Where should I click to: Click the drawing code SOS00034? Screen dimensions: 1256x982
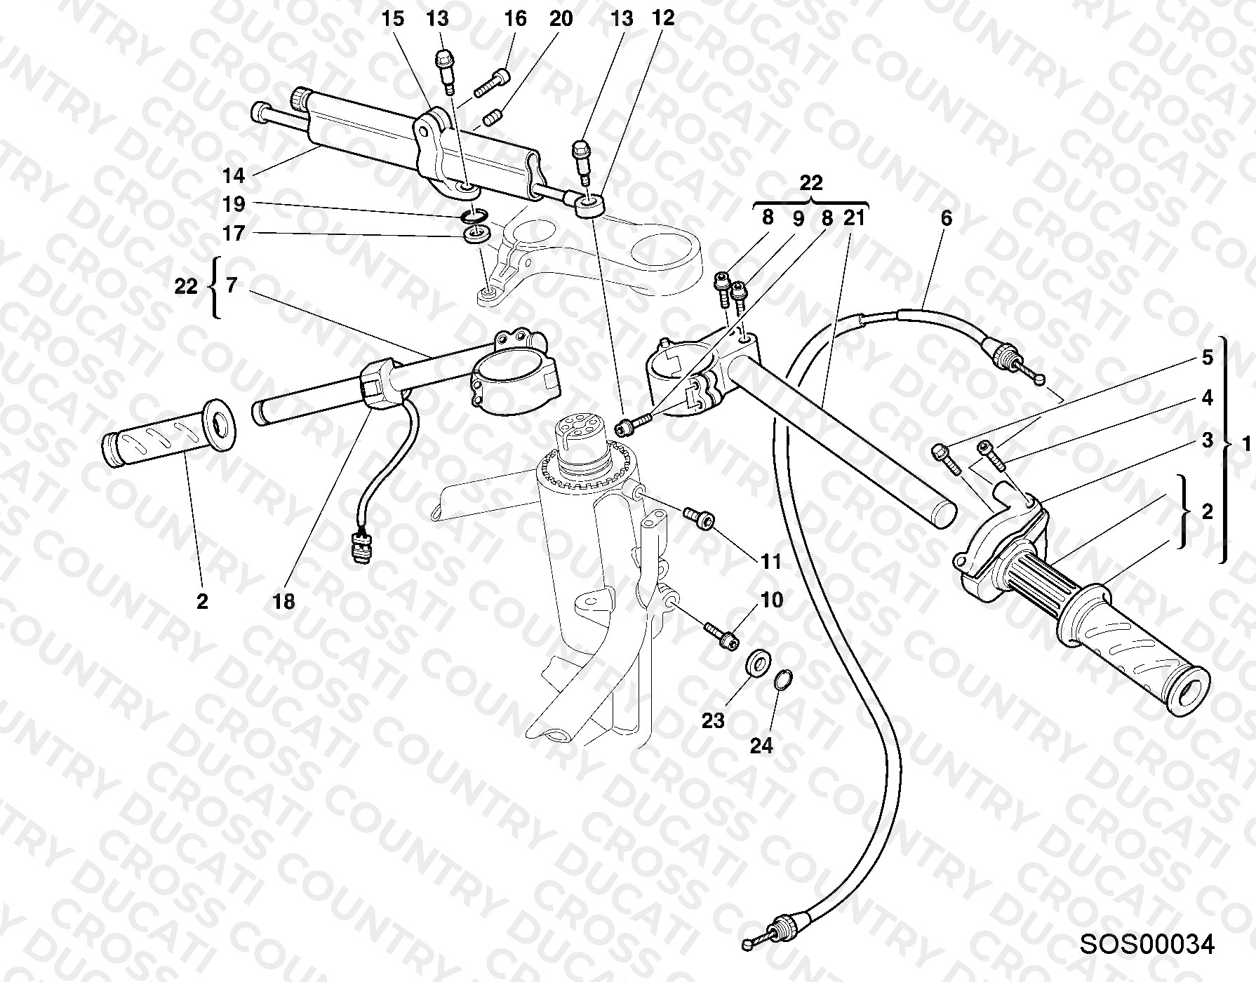[x=1147, y=944]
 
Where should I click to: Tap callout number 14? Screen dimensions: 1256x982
[x=234, y=175]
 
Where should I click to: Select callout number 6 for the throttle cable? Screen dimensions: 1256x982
[x=946, y=218]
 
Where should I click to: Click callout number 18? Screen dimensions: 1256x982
[x=284, y=601]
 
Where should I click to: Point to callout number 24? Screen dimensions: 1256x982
[x=761, y=746]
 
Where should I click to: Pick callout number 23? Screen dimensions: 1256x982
[x=713, y=720]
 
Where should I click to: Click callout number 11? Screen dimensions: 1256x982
[x=770, y=562]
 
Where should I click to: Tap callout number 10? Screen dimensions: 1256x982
[x=771, y=600]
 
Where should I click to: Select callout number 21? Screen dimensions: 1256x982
[x=855, y=218]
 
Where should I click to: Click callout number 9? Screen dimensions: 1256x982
[x=797, y=218]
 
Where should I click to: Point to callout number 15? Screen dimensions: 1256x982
[x=393, y=19]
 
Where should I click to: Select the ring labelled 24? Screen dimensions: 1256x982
[x=784, y=680]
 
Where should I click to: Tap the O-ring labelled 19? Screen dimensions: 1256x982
[x=476, y=215]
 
